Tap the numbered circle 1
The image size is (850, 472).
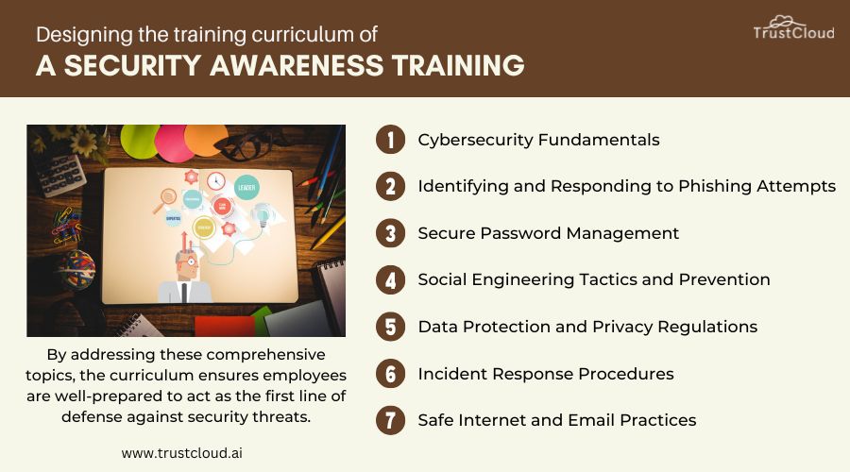tap(390, 140)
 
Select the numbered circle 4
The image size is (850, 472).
tap(390, 279)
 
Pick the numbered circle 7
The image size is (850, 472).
tap(390, 420)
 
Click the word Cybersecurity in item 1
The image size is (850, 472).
tap(474, 140)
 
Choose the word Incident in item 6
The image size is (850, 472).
tap(450, 374)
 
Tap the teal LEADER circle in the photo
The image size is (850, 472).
tap(246, 186)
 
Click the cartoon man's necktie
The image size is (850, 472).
tap(185, 291)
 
